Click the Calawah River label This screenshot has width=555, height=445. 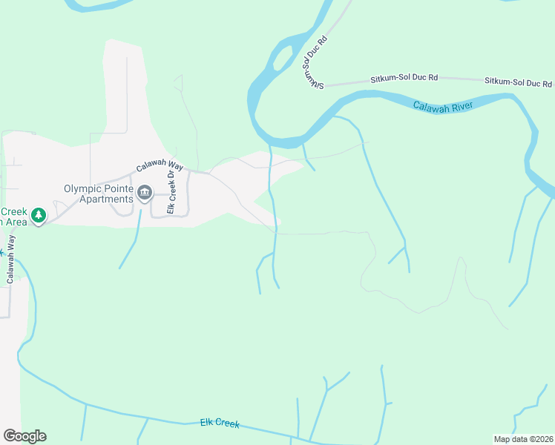[x=443, y=107]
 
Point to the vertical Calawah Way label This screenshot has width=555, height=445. [x=11, y=259]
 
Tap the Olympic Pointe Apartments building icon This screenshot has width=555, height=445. [x=145, y=194]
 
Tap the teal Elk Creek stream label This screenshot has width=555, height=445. [x=220, y=423]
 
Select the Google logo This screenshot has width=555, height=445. [x=24, y=436]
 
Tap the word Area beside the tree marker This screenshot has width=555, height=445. [x=14, y=222]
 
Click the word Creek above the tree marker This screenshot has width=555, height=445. [x=13, y=211]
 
